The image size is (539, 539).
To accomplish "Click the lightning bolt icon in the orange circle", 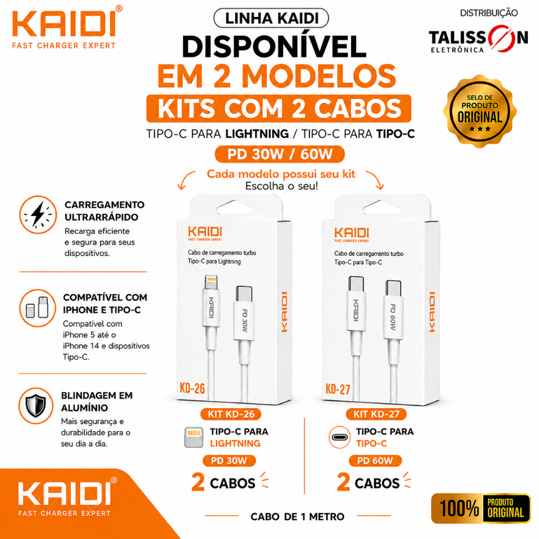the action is (38, 215).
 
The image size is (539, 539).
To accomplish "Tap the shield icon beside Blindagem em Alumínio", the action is (36, 406).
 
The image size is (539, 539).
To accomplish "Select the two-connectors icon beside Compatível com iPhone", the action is (37, 307).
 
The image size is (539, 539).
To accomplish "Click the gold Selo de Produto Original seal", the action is (480, 112).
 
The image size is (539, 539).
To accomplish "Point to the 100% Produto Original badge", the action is (481, 508).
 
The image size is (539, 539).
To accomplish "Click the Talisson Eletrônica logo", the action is (478, 38).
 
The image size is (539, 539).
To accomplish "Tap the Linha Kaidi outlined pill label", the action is (271, 18).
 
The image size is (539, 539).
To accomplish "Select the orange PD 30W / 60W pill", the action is (280, 154).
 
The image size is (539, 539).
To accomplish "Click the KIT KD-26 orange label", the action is (231, 414).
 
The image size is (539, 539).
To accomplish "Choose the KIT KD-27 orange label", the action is (376, 414).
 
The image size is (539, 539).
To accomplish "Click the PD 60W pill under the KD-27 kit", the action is (375, 461).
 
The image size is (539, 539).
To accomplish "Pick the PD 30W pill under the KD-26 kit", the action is (229, 461).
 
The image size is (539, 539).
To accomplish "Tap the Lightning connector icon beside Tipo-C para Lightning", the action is (194, 437).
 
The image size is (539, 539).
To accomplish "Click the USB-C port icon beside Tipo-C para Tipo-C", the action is (340, 437).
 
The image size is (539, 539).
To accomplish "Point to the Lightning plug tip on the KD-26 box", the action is (211, 282).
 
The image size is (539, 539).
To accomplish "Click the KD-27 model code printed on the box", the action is (338, 389).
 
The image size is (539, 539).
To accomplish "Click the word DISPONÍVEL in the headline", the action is (274, 47).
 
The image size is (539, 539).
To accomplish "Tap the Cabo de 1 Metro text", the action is (297, 517).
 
